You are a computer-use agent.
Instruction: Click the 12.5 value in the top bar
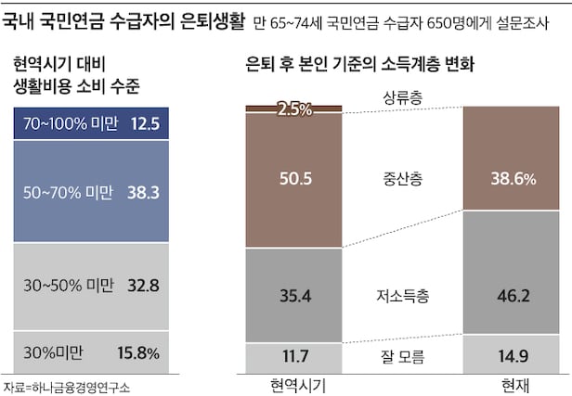coord(147,123)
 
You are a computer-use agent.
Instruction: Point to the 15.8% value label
coord(139,352)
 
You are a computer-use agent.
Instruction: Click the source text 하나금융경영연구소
coord(77,387)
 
